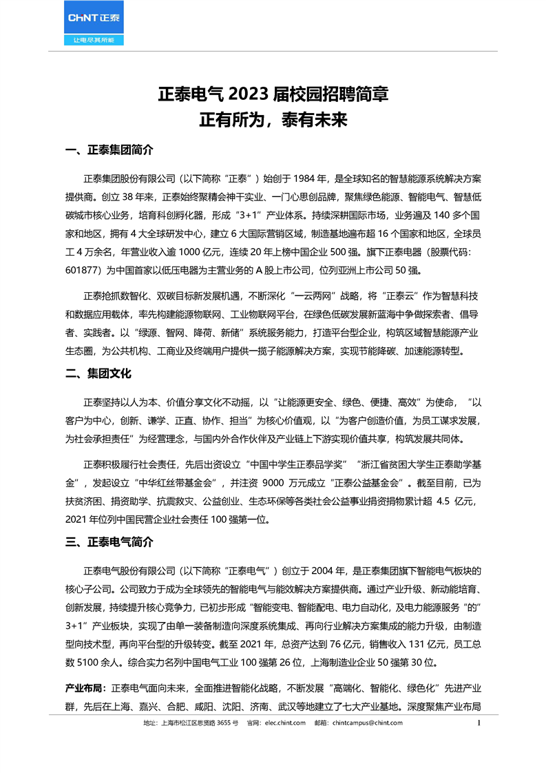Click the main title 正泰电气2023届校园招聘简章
(x=273, y=94)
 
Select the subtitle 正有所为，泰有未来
(x=273, y=121)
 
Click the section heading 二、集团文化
(x=97, y=373)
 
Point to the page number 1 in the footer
(x=479, y=723)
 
